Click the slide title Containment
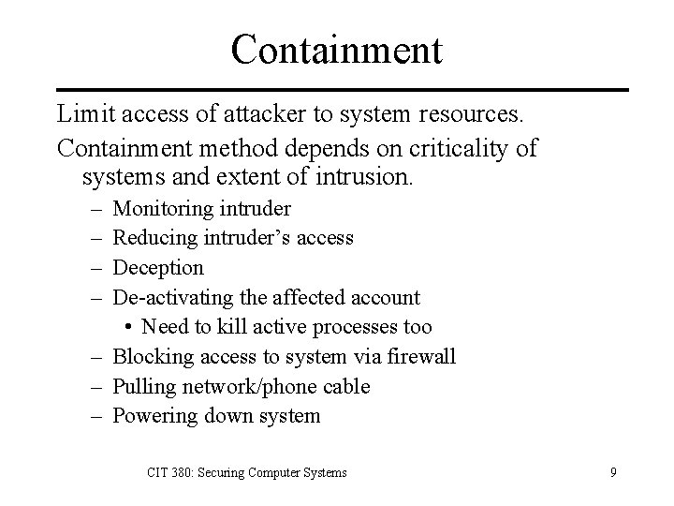336,49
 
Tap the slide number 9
612,472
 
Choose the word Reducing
153,238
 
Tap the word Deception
158,268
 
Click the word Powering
153,416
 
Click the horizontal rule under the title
337,90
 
